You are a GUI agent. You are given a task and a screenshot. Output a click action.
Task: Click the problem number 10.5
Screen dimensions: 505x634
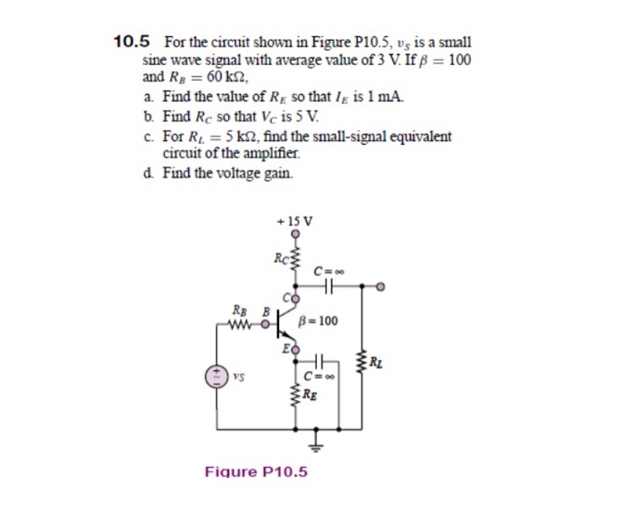131,42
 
